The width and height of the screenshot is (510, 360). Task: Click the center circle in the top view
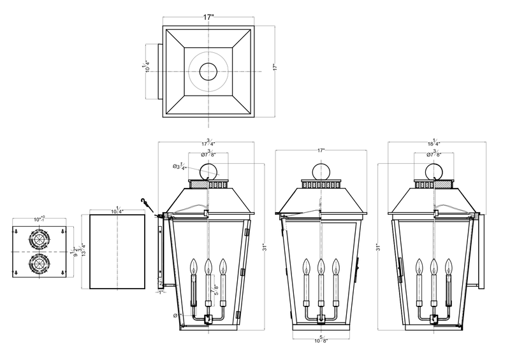208,72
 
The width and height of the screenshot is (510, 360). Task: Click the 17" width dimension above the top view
208,18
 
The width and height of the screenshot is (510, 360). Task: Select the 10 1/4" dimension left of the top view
147,66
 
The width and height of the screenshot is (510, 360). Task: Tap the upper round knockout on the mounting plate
39,241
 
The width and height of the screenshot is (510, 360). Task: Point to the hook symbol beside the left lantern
149,204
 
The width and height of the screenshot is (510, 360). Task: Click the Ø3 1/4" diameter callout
180,167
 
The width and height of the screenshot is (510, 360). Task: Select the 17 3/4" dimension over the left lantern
207,144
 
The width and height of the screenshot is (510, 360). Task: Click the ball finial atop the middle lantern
321,171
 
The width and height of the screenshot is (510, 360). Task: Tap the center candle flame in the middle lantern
321,264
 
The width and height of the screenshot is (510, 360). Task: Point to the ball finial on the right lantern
435,171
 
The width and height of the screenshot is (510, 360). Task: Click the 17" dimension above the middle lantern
321,151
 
